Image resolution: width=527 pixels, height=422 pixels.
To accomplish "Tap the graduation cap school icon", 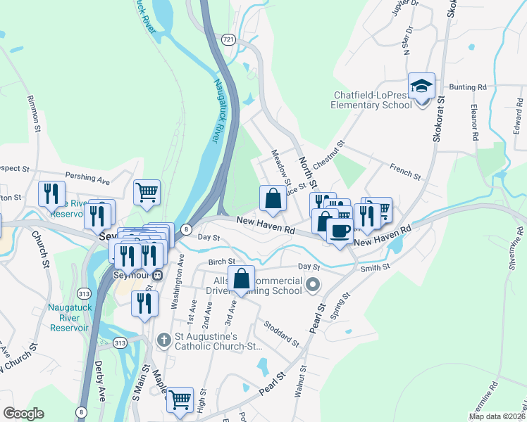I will pyautogui.click(x=421, y=87).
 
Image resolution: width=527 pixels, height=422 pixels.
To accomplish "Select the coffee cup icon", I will pyautogui.click(x=340, y=231).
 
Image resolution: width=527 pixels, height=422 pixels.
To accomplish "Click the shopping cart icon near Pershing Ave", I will pyautogui.click(x=147, y=191).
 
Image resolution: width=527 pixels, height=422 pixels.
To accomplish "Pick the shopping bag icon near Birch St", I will pyautogui.click(x=241, y=279).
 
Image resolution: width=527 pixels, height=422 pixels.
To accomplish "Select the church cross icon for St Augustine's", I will pyautogui.click(x=163, y=340).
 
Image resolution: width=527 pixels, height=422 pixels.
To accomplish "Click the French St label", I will pyautogui.click(x=405, y=171).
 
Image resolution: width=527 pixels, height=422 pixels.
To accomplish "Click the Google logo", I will pyautogui.click(x=23, y=414).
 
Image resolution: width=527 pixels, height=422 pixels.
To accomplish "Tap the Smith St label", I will pyautogui.click(x=374, y=268).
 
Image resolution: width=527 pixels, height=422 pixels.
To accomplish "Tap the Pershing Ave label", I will pyautogui.click(x=87, y=178).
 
